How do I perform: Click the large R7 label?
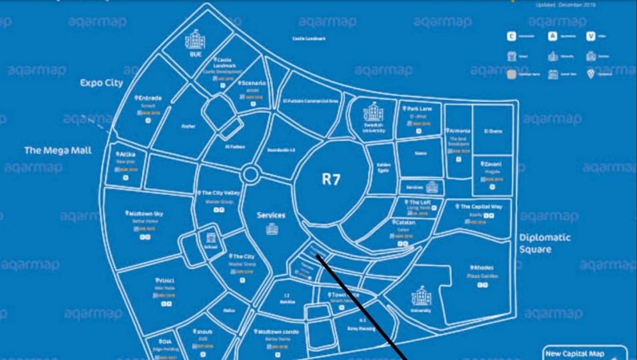pyautogui.click(x=331, y=179)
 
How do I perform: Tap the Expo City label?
pyautogui.click(x=101, y=83)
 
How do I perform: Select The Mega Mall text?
pyautogui.click(x=58, y=150)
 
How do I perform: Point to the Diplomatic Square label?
pyautogui.click(x=545, y=243)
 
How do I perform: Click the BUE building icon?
pyautogui.click(x=195, y=39)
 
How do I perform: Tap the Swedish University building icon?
pyautogui.click(x=374, y=111)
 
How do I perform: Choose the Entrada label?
pyautogui.click(x=149, y=98)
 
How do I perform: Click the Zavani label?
pyautogui.click(x=492, y=164)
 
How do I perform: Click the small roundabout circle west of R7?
pyautogui.click(x=250, y=174)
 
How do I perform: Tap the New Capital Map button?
pyautogui.click(x=584, y=353)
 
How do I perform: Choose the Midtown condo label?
pyautogui.click(x=276, y=331)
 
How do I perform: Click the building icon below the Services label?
pyautogui.click(x=272, y=229)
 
